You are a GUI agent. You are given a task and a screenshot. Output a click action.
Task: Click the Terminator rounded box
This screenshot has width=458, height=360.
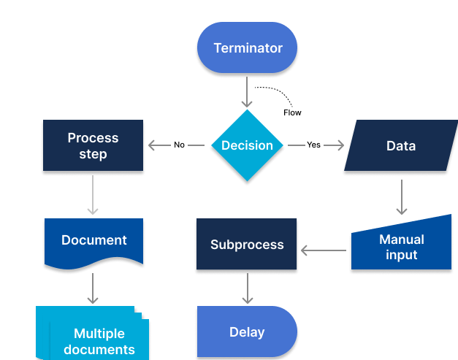point(247,48)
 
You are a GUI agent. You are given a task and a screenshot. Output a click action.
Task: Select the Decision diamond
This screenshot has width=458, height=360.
point(247,145)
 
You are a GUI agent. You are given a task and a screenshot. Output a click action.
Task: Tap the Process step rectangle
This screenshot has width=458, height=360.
point(93,145)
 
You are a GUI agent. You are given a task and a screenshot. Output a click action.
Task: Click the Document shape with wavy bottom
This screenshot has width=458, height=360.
point(93,240)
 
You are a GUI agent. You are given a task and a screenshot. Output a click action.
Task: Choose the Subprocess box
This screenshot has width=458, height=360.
point(247,245)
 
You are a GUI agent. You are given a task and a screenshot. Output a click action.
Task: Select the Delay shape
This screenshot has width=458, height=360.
point(247,332)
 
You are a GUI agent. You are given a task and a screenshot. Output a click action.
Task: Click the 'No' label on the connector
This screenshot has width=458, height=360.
point(179,145)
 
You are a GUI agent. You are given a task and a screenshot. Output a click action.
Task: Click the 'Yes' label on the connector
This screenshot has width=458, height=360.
point(313,145)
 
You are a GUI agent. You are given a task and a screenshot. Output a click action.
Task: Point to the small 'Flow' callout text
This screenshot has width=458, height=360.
point(292,112)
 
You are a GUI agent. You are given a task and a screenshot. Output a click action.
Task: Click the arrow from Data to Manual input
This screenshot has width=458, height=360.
point(401,195)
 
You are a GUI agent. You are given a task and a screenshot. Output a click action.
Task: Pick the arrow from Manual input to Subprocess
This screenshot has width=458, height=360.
point(324,250)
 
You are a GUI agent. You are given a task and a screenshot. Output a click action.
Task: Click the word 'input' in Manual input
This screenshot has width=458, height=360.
point(401,255)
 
